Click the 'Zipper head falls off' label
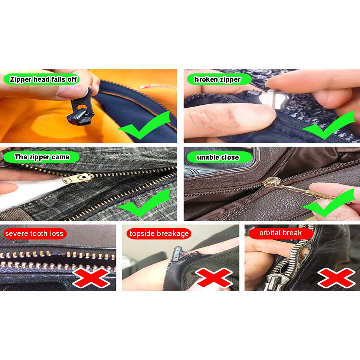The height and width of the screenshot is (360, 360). point(42,79)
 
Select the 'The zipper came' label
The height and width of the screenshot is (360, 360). point(42,157)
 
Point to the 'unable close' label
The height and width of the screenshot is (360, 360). point(219,157)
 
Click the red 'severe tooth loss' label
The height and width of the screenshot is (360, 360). point(35,234)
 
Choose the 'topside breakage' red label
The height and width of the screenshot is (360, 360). point(159,234)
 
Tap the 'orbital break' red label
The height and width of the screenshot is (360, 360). point(281,233)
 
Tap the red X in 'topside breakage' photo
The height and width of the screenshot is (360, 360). point(214,278)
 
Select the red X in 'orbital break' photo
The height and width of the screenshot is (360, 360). point(336,278)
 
